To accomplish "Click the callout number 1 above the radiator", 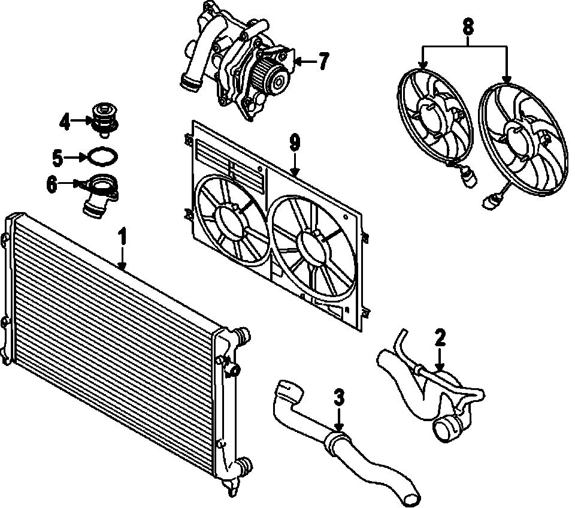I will click(x=122, y=236).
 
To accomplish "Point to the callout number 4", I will click(x=65, y=122).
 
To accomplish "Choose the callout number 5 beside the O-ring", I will click(x=57, y=158).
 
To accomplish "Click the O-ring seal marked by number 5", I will click(x=101, y=157).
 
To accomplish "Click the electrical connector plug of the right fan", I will click(x=488, y=202).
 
